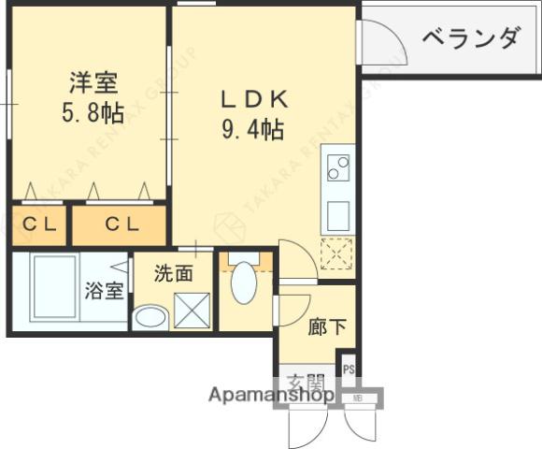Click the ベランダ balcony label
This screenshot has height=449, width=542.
tap(470, 38)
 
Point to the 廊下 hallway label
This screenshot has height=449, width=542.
tap(326, 327)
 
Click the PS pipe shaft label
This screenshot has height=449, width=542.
tap(349, 368)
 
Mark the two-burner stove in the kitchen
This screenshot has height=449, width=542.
tap(337, 167)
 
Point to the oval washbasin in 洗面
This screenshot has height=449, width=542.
tap(149, 316)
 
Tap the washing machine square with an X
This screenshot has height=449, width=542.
tap(191, 309)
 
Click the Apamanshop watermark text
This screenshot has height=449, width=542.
tap(271, 395)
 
